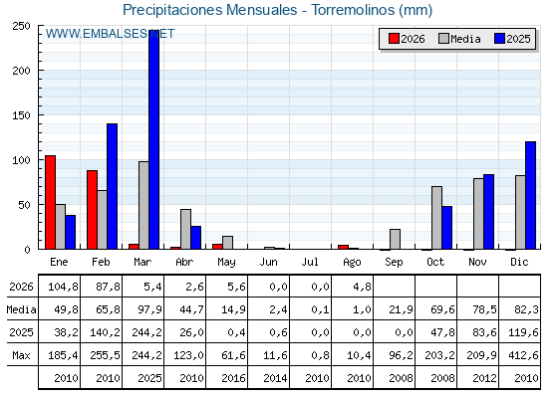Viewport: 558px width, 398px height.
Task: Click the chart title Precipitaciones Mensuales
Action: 209,10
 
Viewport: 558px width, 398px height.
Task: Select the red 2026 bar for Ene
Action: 50,202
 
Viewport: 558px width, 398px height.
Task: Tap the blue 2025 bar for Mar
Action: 154,139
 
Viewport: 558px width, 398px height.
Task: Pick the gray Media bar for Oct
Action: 436,218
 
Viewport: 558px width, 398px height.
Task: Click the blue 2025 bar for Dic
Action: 530,195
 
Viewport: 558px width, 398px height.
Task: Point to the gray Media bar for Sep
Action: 395,239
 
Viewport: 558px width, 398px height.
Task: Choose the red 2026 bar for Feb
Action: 92,210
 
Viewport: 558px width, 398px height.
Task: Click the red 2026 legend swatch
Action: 394,39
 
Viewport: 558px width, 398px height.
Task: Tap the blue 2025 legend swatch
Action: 499,39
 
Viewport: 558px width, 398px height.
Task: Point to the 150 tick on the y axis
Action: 21,115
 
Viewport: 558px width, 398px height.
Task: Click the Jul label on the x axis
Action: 310,262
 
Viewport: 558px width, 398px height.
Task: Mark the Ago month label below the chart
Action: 352,263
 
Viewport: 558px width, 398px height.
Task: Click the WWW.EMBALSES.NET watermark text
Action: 110,34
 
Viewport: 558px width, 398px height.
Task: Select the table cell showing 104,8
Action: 63,287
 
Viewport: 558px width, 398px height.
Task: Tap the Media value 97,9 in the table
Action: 149,309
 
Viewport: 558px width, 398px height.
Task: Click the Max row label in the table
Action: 21,355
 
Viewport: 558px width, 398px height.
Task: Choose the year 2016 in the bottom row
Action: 233,378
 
